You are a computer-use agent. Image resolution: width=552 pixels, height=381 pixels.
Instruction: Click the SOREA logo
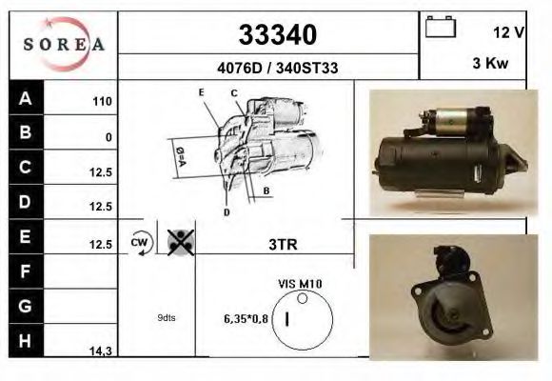63,45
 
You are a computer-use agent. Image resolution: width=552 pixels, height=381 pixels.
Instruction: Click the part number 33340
276,36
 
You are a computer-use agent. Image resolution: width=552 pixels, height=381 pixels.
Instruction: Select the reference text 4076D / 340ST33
276,68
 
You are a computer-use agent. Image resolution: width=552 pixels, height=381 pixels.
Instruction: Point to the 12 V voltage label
509,32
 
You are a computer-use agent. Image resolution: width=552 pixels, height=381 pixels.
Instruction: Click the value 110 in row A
102,102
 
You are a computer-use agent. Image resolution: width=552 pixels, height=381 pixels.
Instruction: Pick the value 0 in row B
108,137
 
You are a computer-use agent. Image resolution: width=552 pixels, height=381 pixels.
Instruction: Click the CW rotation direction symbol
141,243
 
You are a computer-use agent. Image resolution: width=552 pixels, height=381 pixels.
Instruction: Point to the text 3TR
283,244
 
